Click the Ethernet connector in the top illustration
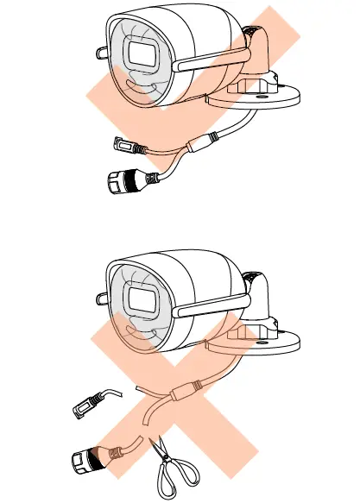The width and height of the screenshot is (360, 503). click(x=126, y=181)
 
